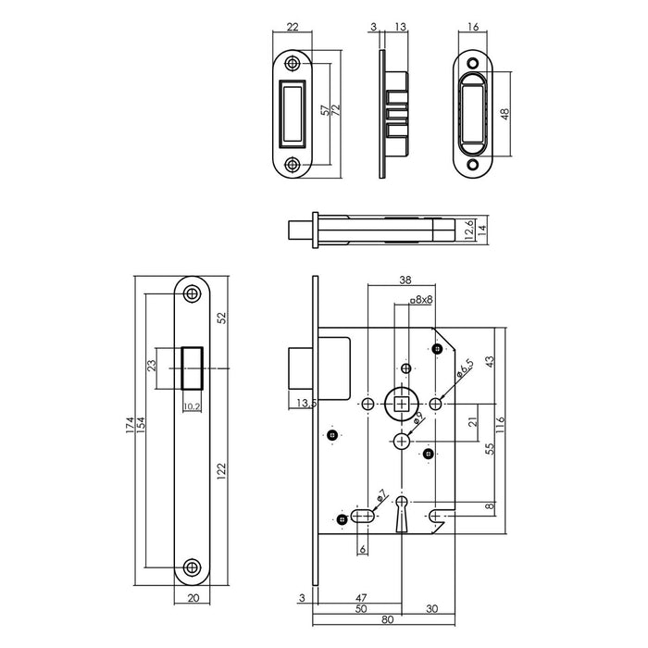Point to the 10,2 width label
[192, 405]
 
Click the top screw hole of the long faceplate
[192, 293]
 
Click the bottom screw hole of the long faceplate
[192, 567]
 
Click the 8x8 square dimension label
[422, 299]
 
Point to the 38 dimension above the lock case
[405, 279]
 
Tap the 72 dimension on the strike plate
[336, 111]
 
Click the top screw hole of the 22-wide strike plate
[293, 64]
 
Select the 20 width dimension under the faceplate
[193, 599]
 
